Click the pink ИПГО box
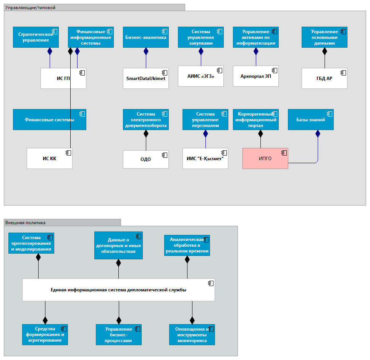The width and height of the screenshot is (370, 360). point(265,158)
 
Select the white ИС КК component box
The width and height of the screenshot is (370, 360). point(49,158)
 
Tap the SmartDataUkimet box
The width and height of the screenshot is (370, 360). point(145,78)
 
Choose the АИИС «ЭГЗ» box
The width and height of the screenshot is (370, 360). point(200,76)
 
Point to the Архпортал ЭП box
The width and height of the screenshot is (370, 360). point(255,76)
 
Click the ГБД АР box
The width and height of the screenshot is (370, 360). point(324,78)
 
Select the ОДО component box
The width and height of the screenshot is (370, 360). point(145,159)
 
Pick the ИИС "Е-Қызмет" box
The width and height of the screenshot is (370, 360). point(205,158)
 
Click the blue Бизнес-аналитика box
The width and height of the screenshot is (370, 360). point(145,37)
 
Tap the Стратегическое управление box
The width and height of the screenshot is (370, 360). point(36,37)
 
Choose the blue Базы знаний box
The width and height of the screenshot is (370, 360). point(310,119)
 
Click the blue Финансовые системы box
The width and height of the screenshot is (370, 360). point(49,119)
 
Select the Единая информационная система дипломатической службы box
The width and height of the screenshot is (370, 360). point(118,290)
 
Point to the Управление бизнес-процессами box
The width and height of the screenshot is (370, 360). point(118,334)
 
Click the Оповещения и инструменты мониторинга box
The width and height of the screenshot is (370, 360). point(192,334)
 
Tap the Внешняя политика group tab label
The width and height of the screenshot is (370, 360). point(26,222)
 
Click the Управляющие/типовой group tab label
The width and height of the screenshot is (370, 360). point(30,7)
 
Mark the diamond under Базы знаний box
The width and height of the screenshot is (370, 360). point(317,133)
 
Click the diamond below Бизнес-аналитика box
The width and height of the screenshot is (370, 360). point(145,51)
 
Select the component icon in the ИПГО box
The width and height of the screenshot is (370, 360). point(284,153)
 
